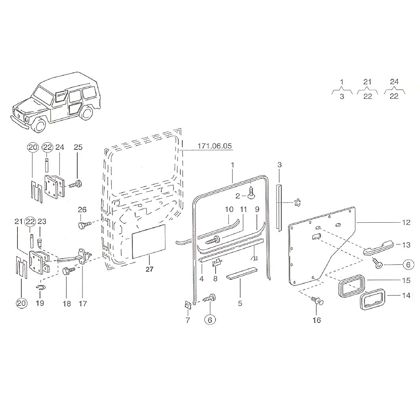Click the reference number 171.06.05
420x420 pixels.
214,146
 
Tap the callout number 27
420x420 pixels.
149,269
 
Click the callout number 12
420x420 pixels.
406,222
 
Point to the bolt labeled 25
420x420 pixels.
75,185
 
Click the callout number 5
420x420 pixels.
240,303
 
